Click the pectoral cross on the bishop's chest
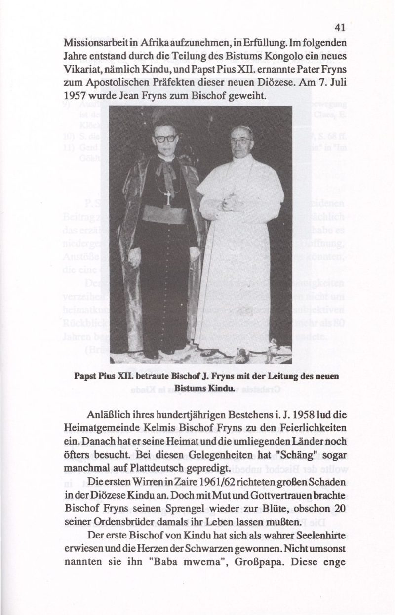168,197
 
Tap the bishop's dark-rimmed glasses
164,139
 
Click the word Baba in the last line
153,560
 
